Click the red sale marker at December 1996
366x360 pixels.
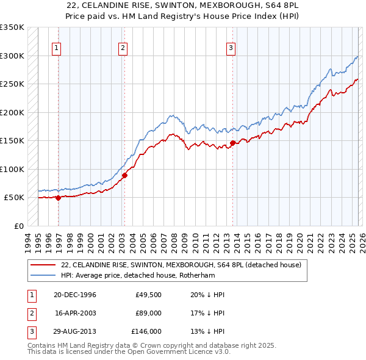(59, 197)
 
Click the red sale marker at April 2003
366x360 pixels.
(124, 175)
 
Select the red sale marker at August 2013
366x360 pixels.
(232, 143)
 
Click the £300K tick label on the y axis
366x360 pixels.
(12, 56)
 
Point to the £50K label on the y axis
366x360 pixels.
(14, 198)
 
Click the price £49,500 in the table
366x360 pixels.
(148, 295)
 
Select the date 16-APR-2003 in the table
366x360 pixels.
(75, 313)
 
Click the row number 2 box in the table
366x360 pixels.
(30, 313)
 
